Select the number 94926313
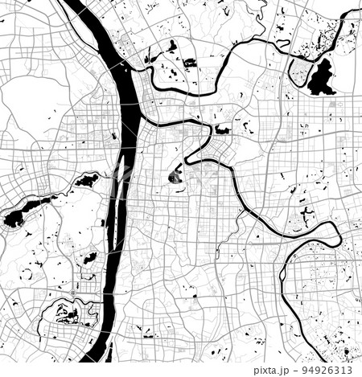[x=330, y=371]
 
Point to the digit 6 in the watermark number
[x=333, y=371]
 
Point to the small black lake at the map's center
[x=175, y=177]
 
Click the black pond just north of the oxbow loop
[x=306, y=212]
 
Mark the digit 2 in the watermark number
[x=326, y=371]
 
